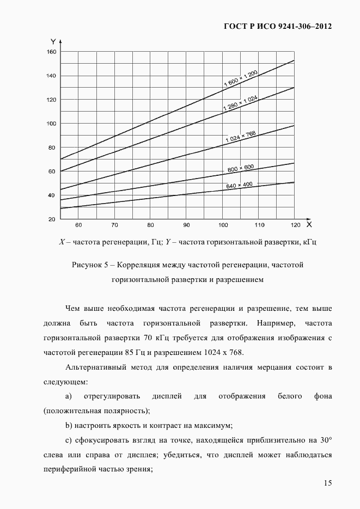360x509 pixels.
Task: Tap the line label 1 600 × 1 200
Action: coord(240,76)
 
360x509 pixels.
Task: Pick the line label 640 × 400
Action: coord(239,186)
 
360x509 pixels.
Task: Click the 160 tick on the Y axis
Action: coord(51,52)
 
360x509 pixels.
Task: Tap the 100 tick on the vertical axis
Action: coord(51,124)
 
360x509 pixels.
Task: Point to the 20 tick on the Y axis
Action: coord(52,219)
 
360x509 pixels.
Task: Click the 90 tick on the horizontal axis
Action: coord(186,224)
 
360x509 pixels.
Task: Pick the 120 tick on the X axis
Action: coord(295,224)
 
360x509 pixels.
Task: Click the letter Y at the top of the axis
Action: coord(53,41)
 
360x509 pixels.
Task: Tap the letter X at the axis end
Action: coord(309,224)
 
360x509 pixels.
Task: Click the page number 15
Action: coord(327,483)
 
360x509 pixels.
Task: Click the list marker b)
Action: coord(69,425)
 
